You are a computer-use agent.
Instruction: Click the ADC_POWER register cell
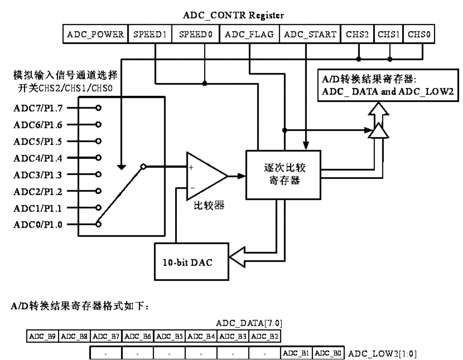tap(95, 35)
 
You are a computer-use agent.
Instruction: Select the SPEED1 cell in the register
tap(151, 35)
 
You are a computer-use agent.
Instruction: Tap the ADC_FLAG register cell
tap(249, 35)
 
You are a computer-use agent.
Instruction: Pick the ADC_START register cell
tap(310, 35)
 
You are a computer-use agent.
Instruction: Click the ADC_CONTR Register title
tap(234, 15)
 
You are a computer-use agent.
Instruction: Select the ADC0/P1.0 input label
tap(38, 225)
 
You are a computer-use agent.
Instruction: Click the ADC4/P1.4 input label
tap(38, 158)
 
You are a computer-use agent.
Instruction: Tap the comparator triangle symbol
tap(204, 176)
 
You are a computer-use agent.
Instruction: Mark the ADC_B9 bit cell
tap(42, 336)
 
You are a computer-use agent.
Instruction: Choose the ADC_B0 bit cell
tap(328, 353)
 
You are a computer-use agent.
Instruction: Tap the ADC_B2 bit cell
tap(265, 336)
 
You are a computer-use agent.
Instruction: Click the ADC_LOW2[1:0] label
tap(382, 353)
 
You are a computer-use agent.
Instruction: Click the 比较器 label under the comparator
tap(210, 206)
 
